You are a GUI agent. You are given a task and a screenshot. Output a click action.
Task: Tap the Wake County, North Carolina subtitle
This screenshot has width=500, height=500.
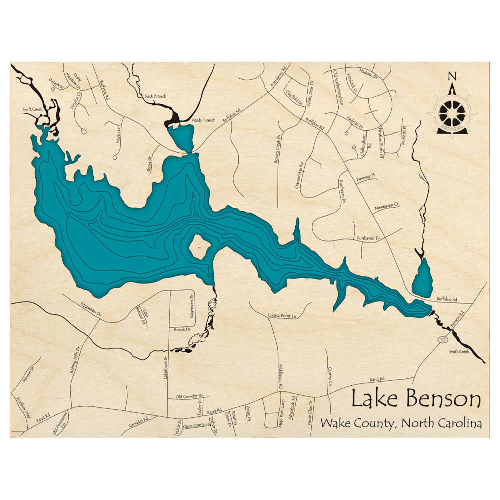pyautogui.click(x=401, y=424)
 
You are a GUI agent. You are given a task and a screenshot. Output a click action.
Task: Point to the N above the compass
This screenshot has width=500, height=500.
pyautogui.click(x=452, y=76)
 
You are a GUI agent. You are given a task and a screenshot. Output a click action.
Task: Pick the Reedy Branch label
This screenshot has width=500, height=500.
pyautogui.click(x=204, y=120)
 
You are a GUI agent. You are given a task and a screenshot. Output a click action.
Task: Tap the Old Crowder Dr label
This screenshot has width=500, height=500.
pyautogui.click(x=189, y=397)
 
